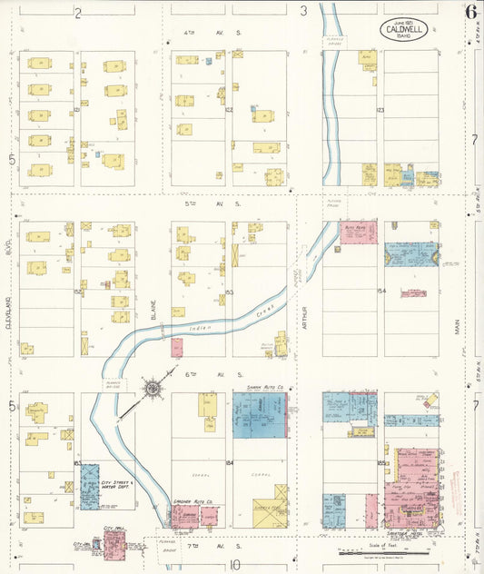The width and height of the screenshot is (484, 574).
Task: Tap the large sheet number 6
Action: click(x=470, y=12)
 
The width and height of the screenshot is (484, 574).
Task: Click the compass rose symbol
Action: click(x=153, y=389)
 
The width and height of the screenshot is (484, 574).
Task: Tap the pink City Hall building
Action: click(x=115, y=544)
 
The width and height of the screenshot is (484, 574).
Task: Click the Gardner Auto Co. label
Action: click(x=193, y=500)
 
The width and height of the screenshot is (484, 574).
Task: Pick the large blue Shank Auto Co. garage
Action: click(x=259, y=415)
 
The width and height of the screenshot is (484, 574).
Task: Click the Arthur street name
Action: click(x=305, y=314)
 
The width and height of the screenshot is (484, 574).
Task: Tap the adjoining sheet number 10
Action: click(x=234, y=565)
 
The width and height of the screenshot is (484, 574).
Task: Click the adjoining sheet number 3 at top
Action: click(x=305, y=12)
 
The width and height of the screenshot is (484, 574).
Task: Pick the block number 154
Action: click(x=381, y=292)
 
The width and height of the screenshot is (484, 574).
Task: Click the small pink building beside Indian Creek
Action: click(x=177, y=347)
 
